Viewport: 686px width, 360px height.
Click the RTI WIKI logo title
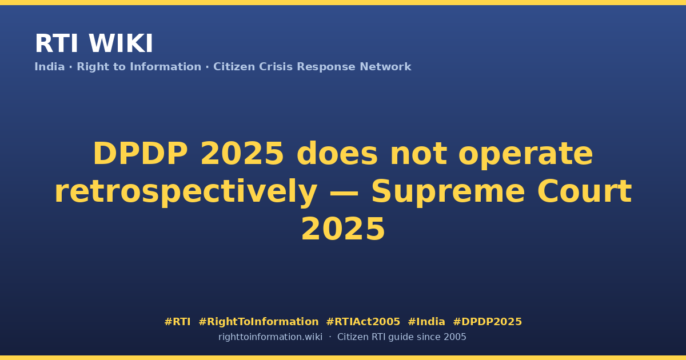click(x=94, y=43)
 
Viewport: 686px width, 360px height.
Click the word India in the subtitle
click(x=50, y=67)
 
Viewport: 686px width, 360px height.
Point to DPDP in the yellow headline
click(x=140, y=154)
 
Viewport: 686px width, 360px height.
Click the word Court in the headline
click(x=585, y=191)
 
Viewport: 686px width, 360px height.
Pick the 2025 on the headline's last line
click(x=343, y=229)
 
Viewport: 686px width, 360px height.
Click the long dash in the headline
click(x=344, y=193)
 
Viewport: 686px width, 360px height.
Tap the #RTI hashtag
click(x=177, y=322)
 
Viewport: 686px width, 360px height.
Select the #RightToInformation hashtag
click(x=258, y=322)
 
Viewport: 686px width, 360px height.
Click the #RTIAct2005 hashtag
click(x=363, y=322)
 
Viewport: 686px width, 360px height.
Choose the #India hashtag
click(x=426, y=322)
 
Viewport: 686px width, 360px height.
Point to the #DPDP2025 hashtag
click(x=487, y=322)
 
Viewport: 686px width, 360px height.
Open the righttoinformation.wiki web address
click(x=270, y=337)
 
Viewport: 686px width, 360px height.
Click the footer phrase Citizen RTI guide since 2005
click(x=402, y=337)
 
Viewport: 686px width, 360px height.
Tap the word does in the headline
click(x=337, y=154)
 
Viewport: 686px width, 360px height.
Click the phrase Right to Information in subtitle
click(x=139, y=67)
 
